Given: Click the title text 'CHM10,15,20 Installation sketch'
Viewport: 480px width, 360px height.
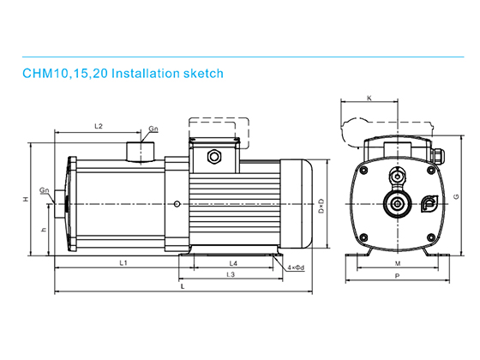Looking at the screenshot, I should (123, 74).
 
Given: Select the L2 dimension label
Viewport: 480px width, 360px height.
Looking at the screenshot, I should (98, 127).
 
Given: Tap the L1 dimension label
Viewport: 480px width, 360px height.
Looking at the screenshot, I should (123, 262).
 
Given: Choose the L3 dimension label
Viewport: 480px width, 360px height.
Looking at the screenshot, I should (230, 274).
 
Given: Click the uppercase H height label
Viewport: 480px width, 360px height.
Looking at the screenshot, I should (27, 199).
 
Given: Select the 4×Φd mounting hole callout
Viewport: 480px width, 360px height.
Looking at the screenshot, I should (296, 268).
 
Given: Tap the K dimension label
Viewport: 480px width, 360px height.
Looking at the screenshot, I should (369, 99).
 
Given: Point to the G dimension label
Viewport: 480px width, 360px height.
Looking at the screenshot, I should (456, 196).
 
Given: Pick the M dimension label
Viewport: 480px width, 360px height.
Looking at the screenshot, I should (397, 263).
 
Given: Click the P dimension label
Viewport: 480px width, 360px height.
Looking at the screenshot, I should (397, 277).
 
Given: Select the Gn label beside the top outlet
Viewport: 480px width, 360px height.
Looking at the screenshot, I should (153, 129).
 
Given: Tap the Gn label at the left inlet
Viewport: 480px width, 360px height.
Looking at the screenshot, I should (43, 191).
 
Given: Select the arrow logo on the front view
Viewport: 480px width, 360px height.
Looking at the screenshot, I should (429, 203).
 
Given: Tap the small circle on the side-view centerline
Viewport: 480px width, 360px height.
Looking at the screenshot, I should (176, 203).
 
